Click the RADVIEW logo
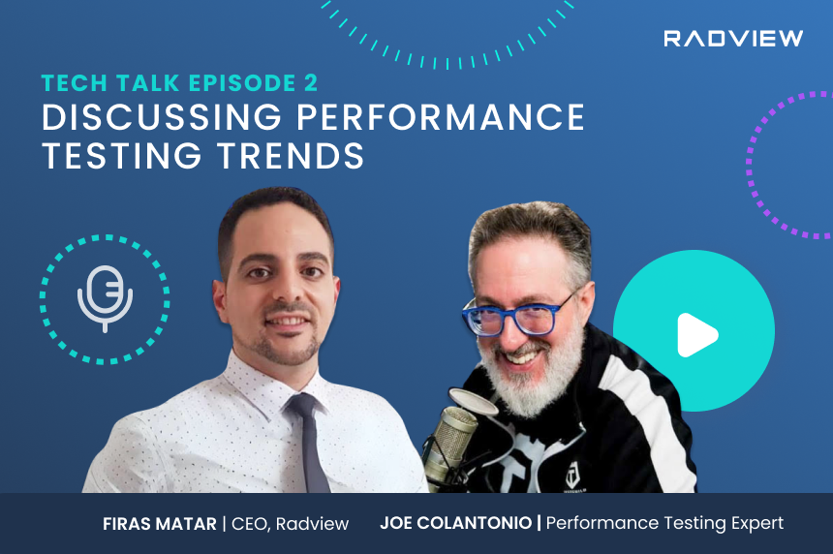click(733, 39)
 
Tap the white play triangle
click(696, 335)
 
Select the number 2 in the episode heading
click(311, 83)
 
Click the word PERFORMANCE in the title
click(441, 117)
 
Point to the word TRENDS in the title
click(290, 155)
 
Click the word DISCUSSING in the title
click(162, 117)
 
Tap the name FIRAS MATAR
click(160, 524)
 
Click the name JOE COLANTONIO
click(456, 523)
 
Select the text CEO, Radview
click(290, 524)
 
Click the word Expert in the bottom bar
click(757, 523)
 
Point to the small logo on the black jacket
click(572, 476)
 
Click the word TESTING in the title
click(122, 155)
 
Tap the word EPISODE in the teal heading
click(242, 83)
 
